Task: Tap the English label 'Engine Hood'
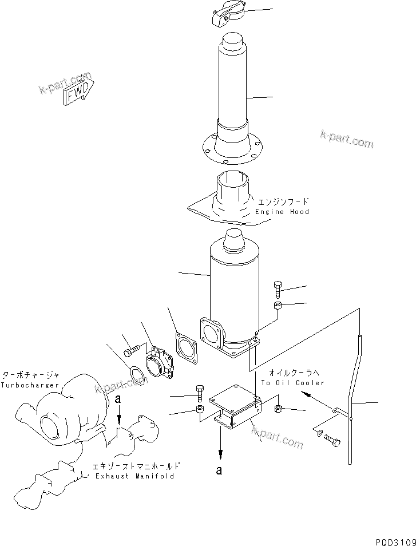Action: (x=282, y=212)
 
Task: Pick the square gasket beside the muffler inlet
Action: (x=186, y=349)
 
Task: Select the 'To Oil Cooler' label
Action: (x=292, y=382)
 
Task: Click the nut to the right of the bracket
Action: (x=278, y=409)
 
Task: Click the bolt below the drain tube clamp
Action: (x=332, y=441)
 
